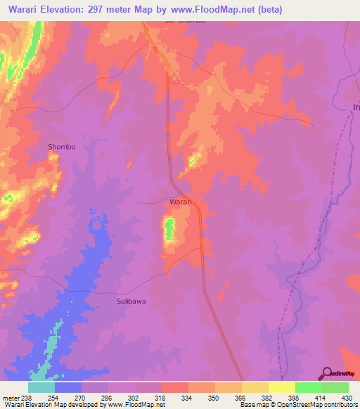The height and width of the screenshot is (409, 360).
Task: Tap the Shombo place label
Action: [x=61, y=147]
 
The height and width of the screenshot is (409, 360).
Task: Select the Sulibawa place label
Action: [x=130, y=301]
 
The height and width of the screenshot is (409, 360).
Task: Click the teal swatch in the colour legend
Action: [x=41, y=387]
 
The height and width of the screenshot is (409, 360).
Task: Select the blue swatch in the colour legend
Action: [x=68, y=387]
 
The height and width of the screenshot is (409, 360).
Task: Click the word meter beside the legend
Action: [x=10, y=397]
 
